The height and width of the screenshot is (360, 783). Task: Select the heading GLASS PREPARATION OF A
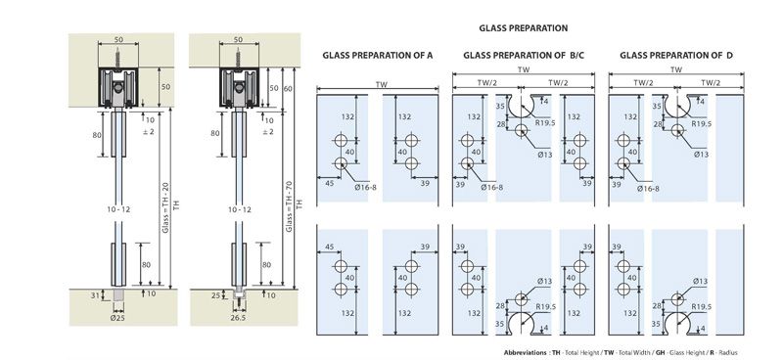[x=377, y=56]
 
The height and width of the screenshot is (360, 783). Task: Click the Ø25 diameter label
[x=118, y=318]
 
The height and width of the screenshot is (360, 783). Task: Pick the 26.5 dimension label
[x=238, y=318]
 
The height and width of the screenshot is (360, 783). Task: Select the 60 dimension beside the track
[x=288, y=89]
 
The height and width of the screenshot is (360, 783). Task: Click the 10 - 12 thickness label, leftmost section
[x=118, y=209]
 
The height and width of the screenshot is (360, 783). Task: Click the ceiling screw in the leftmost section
[x=118, y=60]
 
